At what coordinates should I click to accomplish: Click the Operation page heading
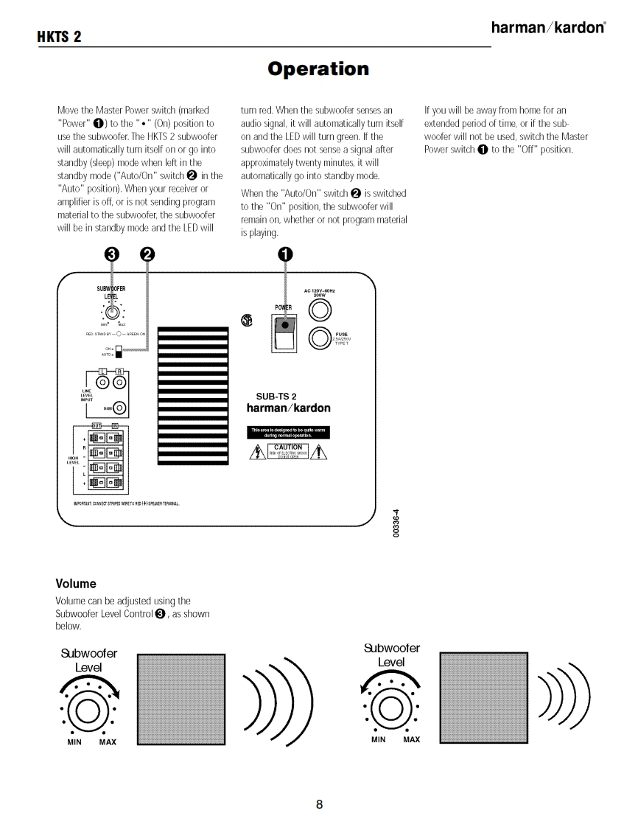(318, 69)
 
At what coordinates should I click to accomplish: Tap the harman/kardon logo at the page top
(548, 28)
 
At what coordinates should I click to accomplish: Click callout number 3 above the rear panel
(111, 254)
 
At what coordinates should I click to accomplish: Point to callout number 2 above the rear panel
(147, 254)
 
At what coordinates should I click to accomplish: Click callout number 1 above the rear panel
(285, 254)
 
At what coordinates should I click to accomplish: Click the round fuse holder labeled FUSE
(321, 338)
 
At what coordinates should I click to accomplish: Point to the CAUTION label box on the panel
(287, 451)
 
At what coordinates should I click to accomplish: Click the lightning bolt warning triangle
(259, 452)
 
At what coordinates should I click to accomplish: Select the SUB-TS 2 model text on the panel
(276, 397)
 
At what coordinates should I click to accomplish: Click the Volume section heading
(76, 584)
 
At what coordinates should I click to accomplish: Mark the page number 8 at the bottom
(319, 804)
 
